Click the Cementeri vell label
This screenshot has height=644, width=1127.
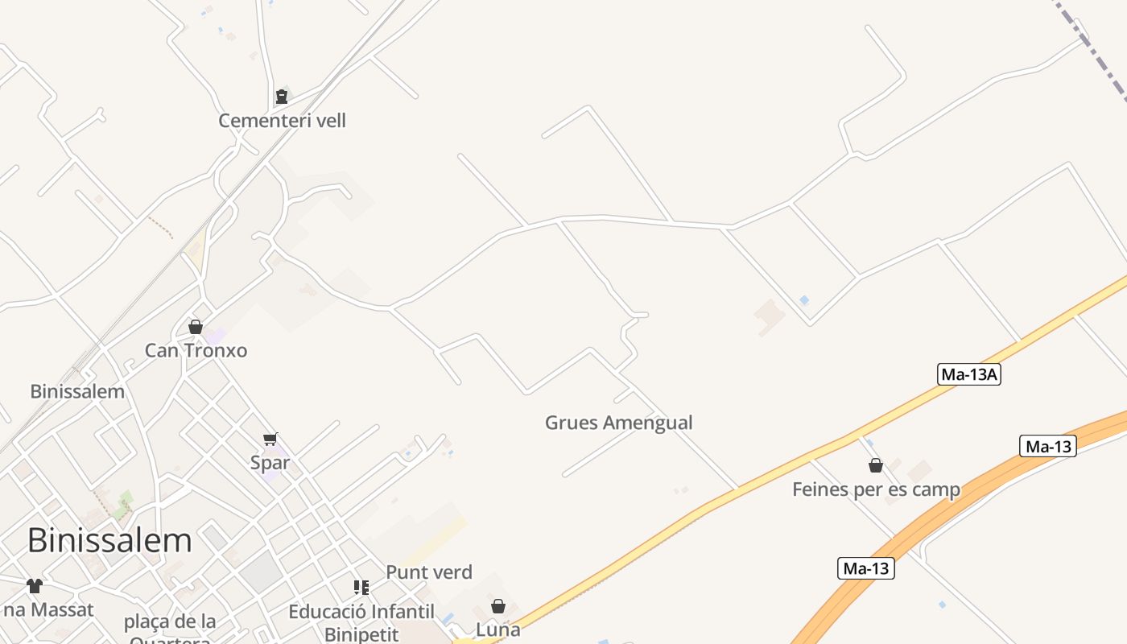click(282, 121)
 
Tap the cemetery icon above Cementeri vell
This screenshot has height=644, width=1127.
click(281, 97)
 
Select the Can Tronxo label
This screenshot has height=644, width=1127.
click(196, 350)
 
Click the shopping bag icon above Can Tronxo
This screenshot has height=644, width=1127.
click(195, 327)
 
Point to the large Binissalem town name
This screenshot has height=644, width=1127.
click(109, 540)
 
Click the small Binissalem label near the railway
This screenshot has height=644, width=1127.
click(77, 392)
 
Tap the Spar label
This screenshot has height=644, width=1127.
click(270, 463)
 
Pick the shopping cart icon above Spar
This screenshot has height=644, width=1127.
click(270, 439)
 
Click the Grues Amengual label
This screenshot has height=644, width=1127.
click(618, 423)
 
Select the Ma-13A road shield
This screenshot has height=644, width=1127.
click(969, 374)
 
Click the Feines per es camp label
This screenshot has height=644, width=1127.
click(876, 489)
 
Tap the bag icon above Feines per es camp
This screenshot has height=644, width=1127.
click(876, 465)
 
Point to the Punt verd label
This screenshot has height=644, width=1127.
click(429, 572)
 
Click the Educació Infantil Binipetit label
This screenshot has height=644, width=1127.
click(361, 622)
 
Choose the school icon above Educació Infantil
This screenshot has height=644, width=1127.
click(361, 588)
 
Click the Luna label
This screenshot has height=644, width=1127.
click(498, 630)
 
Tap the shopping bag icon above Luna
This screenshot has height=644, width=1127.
click(498, 606)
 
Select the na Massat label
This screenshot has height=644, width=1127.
click(48, 610)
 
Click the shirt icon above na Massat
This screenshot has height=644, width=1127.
click(34, 586)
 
